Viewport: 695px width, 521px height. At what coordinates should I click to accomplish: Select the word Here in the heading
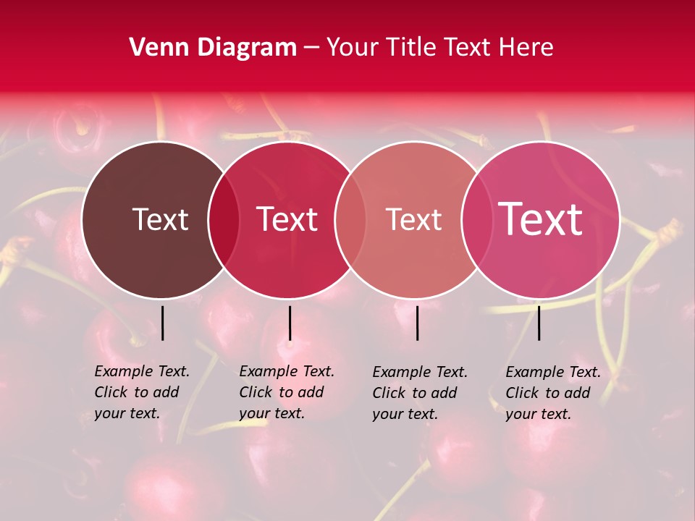(526, 48)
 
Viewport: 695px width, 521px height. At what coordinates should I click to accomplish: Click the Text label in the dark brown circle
(160, 219)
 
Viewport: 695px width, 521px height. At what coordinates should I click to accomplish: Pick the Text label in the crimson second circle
(287, 219)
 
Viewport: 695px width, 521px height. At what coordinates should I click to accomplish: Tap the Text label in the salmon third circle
(413, 219)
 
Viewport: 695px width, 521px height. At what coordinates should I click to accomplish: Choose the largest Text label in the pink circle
(541, 219)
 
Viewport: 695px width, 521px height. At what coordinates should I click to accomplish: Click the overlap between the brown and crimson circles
(224, 219)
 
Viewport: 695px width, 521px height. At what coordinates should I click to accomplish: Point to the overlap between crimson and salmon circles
(350, 219)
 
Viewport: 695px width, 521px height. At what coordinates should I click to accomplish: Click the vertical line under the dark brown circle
(163, 323)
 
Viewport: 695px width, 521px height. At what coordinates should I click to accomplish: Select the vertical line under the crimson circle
(290, 323)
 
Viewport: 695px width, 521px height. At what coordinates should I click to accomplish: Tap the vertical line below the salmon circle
(417, 323)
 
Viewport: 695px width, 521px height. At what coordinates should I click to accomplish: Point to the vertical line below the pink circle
(539, 323)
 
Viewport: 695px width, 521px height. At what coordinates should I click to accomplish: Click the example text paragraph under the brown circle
(142, 392)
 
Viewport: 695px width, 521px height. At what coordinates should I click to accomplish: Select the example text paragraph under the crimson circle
(287, 392)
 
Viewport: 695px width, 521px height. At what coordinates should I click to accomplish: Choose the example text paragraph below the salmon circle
(420, 393)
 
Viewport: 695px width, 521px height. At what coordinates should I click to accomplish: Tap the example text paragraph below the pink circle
(553, 393)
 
